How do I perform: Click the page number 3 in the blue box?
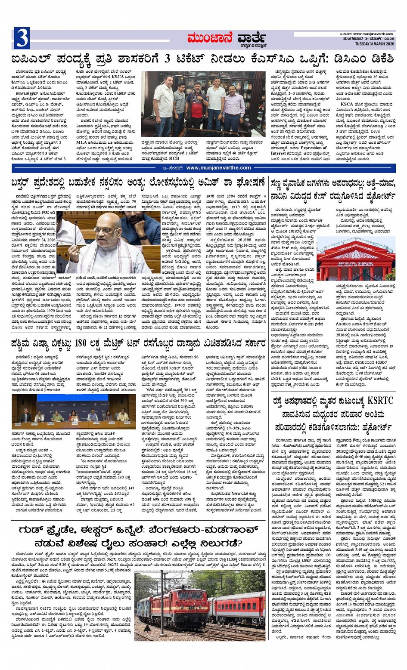point(22,38)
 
